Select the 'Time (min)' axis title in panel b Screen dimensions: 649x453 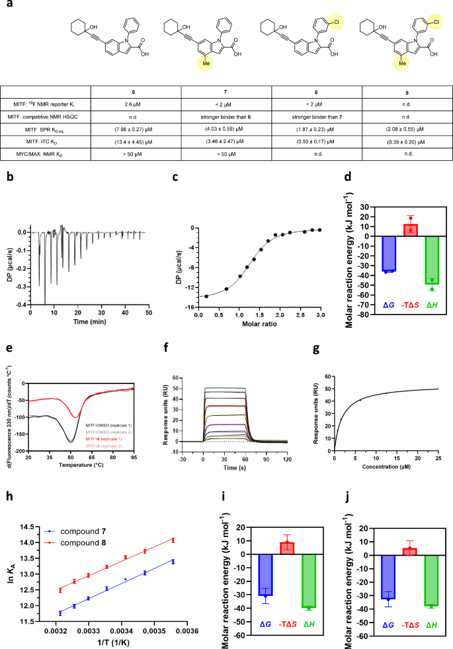click(x=93, y=320)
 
